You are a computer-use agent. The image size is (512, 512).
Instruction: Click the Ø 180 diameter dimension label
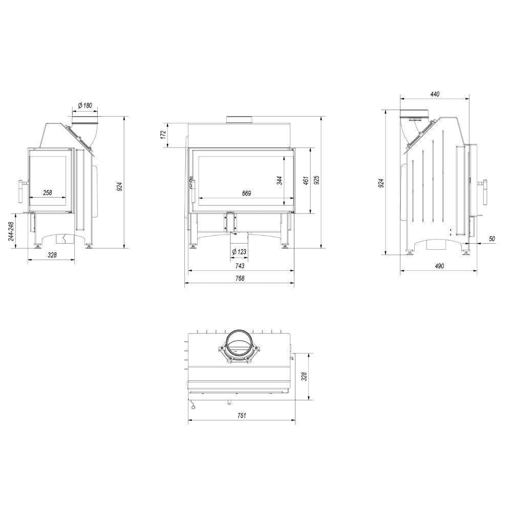pyautogui.click(x=85, y=105)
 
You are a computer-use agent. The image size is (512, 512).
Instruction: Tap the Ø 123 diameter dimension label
pyautogui.click(x=239, y=252)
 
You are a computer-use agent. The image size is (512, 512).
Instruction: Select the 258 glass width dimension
pyautogui.click(x=48, y=193)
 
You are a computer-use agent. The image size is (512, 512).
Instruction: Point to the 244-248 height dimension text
pyautogui.click(x=11, y=231)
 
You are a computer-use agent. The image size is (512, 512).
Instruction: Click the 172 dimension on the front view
pyautogui.click(x=164, y=135)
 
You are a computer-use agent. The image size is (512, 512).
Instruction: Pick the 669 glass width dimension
pyautogui.click(x=247, y=194)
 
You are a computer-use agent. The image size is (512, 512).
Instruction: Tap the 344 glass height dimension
pyautogui.click(x=280, y=181)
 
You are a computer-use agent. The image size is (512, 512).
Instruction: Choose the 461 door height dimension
pyautogui.click(x=306, y=181)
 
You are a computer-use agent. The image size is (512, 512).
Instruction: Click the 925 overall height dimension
pyautogui.click(x=317, y=180)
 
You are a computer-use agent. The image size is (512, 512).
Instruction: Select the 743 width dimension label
pyautogui.click(x=240, y=266)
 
